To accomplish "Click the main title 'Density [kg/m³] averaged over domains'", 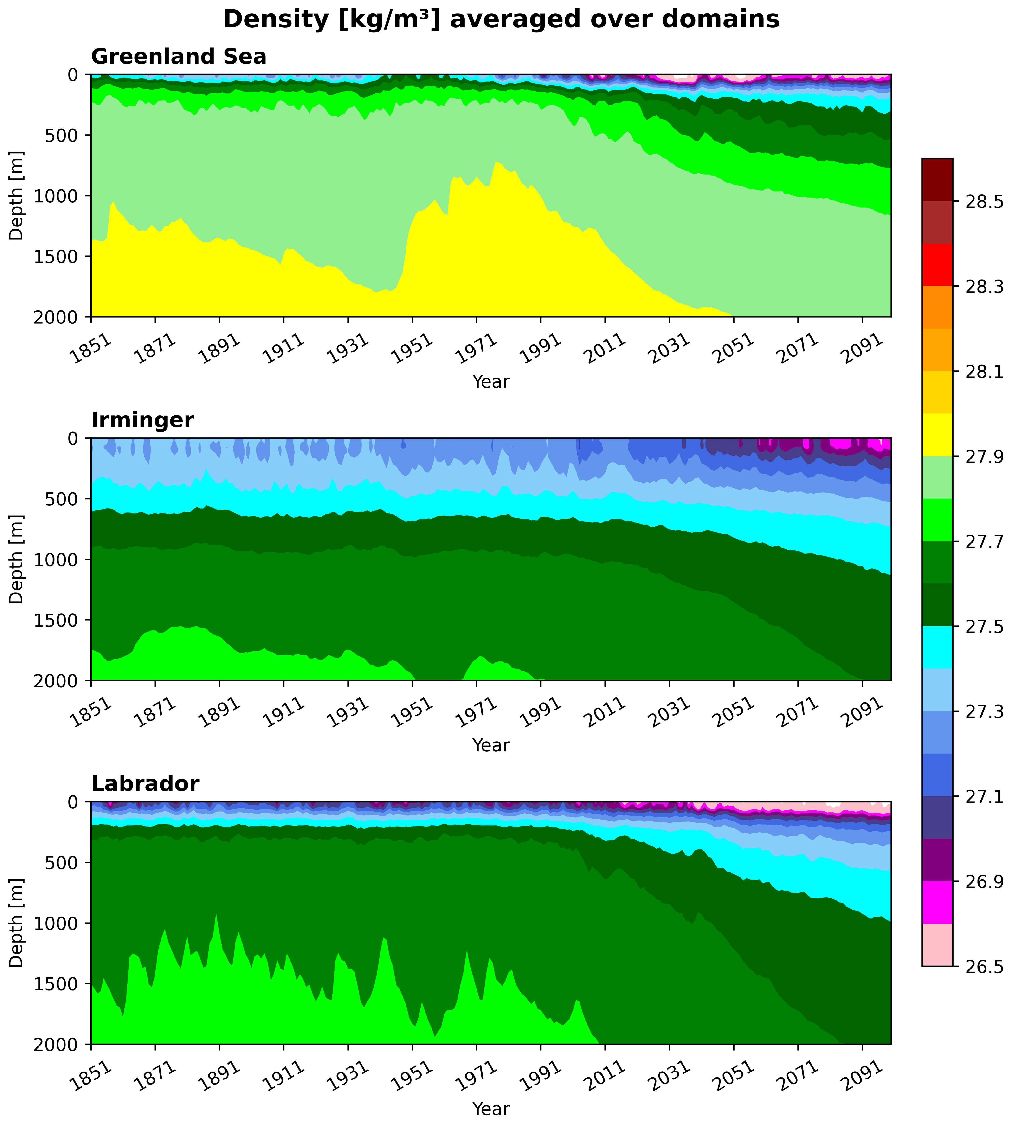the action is [x=501, y=20].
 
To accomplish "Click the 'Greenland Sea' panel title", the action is [x=179, y=57].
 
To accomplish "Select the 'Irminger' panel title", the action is [x=142, y=420].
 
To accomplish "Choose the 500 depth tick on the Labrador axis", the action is [x=67, y=862].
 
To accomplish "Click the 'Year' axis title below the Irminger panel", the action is [x=491, y=745].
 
